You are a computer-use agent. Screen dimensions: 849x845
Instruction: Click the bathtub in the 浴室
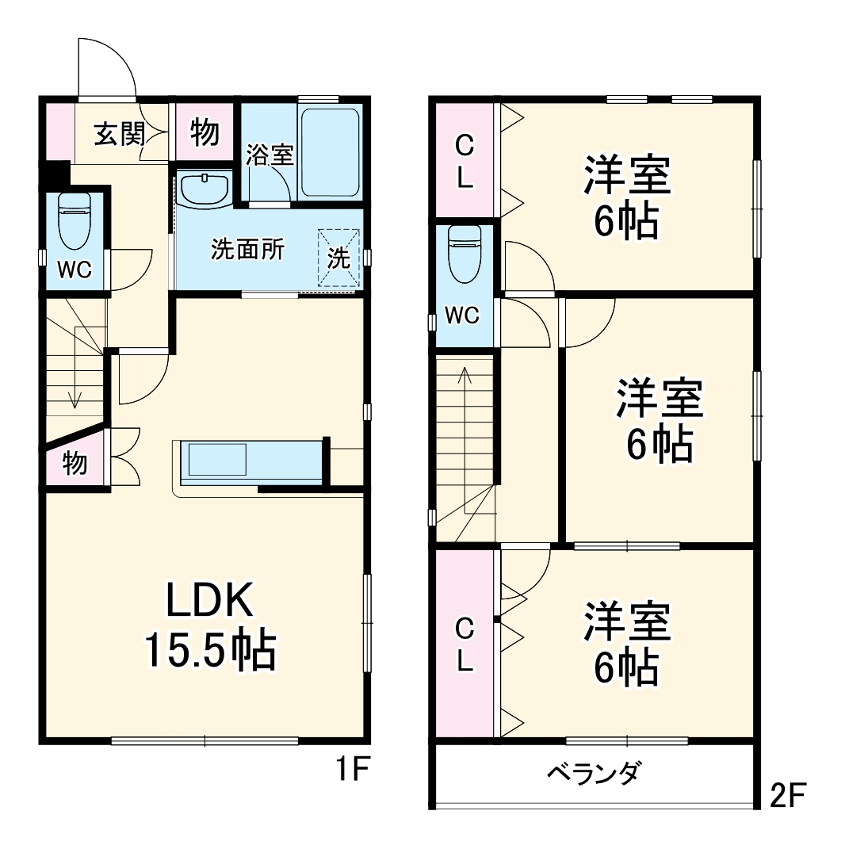click(x=331, y=152)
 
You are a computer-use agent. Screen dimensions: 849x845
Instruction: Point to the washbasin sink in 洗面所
click(x=204, y=190)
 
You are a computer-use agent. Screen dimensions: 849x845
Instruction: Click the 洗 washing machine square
click(x=339, y=258)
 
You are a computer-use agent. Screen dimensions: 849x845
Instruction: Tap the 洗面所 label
click(x=247, y=250)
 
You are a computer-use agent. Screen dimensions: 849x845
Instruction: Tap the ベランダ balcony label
click(x=594, y=772)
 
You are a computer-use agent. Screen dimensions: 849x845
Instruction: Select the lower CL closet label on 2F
click(x=465, y=644)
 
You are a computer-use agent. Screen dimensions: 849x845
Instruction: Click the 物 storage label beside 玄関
click(x=205, y=133)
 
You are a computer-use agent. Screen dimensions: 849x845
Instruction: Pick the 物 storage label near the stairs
click(x=75, y=463)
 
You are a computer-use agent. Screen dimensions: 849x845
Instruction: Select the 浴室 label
click(x=270, y=155)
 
